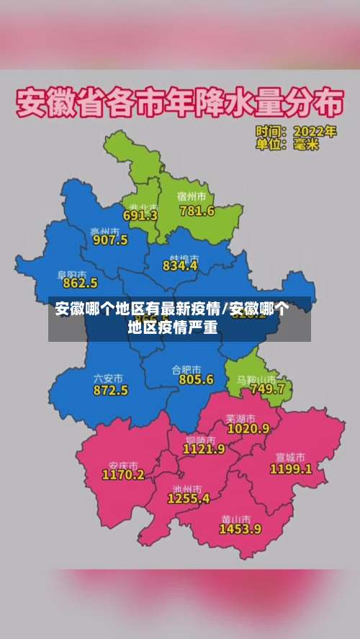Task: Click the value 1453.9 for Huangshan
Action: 240,529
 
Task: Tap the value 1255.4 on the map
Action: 189,498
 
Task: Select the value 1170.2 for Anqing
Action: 123,475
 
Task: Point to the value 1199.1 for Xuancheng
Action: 291,468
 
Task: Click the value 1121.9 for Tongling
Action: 204,448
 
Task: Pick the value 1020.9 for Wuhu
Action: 248,428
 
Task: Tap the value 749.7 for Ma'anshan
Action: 267,389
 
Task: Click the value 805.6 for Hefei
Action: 197,379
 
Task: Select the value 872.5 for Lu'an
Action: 111,390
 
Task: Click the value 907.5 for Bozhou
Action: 110,240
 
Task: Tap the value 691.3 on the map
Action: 140,215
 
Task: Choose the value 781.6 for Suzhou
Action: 197,211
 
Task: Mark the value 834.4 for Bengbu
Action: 180,266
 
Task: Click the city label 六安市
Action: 108,378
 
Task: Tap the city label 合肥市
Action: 186,368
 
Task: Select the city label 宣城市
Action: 290,457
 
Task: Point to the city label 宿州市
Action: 192,196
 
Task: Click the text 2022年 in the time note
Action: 315,132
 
